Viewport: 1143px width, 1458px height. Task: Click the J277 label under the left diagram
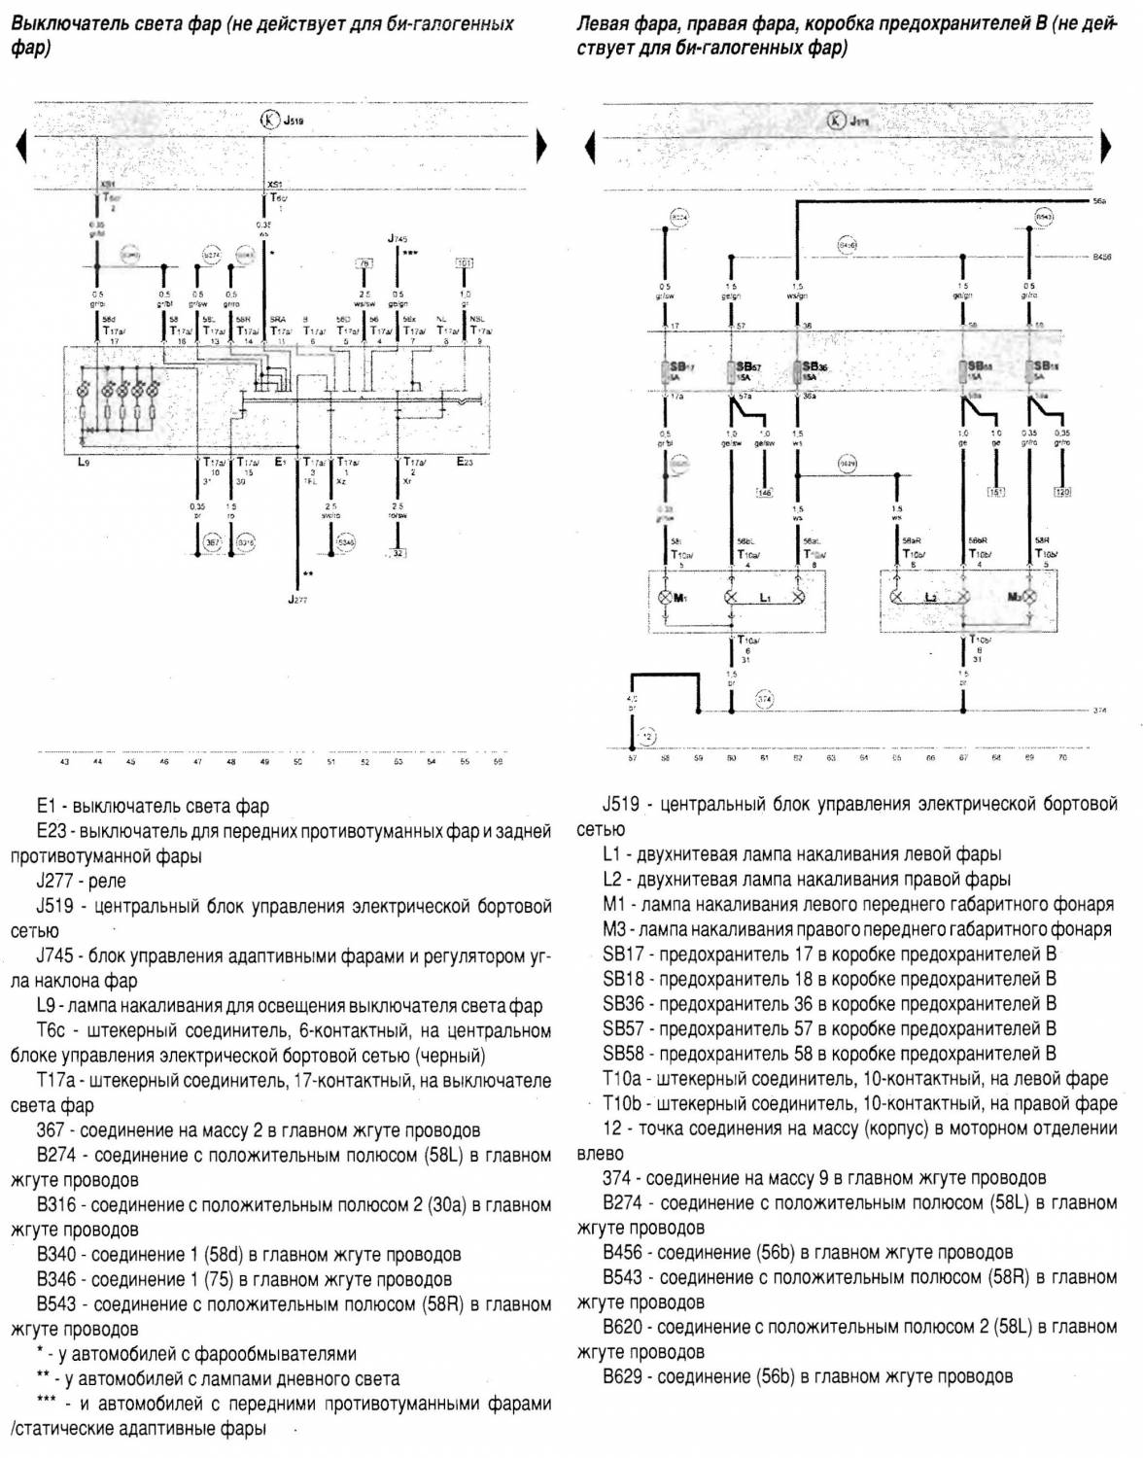point(297,602)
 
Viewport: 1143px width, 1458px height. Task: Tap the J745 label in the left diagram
point(398,238)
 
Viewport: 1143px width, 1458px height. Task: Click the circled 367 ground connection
point(213,541)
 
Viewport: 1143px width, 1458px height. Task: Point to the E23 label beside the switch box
point(466,463)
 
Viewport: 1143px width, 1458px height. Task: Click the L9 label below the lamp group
point(84,463)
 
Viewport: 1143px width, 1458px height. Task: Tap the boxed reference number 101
point(464,263)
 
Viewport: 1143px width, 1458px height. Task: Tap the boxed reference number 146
point(764,493)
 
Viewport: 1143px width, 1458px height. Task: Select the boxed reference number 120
point(1062,493)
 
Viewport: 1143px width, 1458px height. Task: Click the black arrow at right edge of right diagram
point(1106,147)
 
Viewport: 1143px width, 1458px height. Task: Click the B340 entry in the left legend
point(249,1255)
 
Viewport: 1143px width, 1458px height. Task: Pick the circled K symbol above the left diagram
point(269,121)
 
